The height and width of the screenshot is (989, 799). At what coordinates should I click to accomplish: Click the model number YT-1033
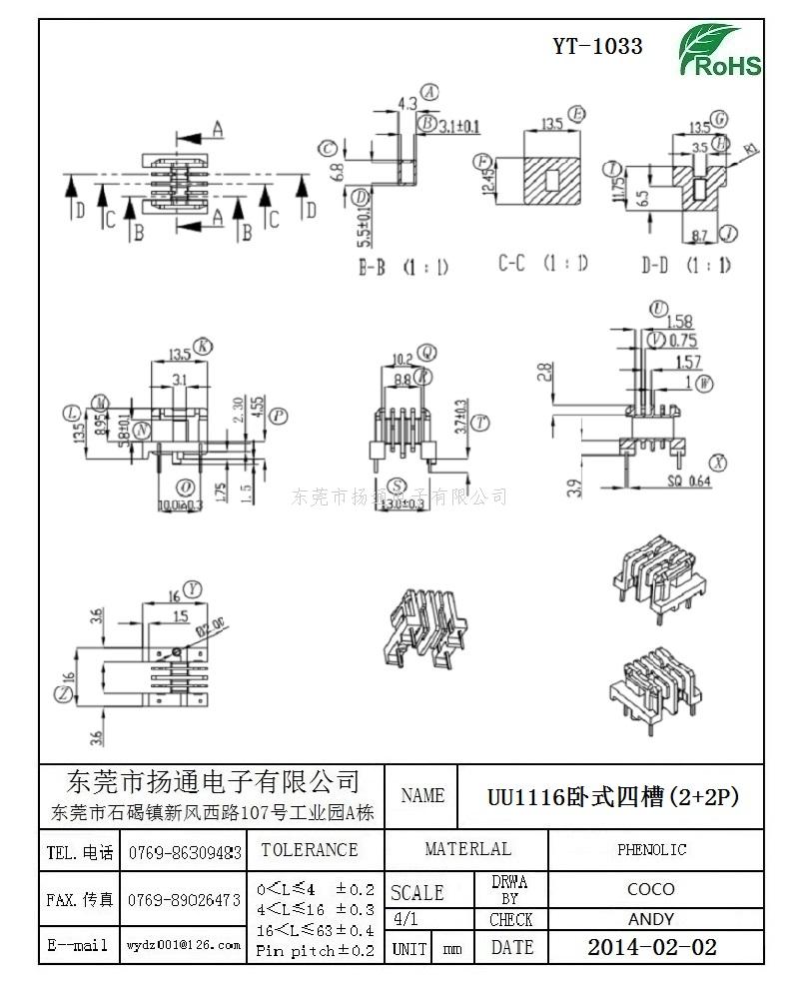click(x=597, y=46)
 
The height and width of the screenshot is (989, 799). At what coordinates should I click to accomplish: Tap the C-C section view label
click(x=543, y=264)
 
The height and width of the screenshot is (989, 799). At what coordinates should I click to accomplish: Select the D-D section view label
click(x=686, y=265)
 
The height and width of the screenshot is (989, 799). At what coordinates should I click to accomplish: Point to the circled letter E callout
click(x=577, y=114)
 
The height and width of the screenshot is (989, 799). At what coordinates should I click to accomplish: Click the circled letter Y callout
click(x=194, y=588)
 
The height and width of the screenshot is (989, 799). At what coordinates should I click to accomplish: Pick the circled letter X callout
click(x=717, y=462)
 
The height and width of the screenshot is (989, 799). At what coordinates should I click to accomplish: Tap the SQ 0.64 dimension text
click(x=687, y=482)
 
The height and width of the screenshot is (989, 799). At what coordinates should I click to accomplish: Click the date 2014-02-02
click(x=652, y=947)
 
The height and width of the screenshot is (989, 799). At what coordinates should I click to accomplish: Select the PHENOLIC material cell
click(x=652, y=850)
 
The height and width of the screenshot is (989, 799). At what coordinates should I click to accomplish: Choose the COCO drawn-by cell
click(x=651, y=889)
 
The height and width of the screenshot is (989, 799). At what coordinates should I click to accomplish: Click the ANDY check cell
click(x=651, y=919)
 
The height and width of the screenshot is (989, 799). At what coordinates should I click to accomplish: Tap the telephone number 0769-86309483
click(x=184, y=853)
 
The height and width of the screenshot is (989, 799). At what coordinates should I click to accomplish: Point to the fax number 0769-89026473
click(x=184, y=900)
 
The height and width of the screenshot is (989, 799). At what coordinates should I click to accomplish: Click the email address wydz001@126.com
click(x=184, y=944)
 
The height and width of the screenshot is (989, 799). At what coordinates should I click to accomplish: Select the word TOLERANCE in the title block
click(x=310, y=850)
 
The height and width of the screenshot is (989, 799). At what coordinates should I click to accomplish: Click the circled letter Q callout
click(x=426, y=352)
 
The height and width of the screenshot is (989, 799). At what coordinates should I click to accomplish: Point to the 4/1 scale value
click(x=406, y=919)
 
